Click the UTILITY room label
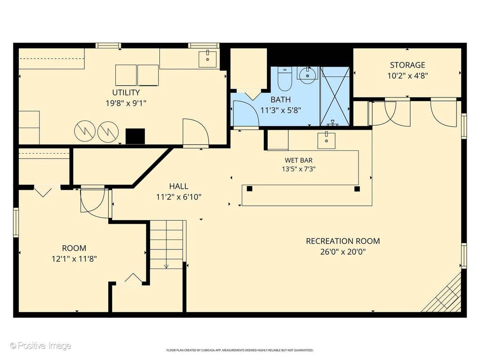point(126,92)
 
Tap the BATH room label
point(281,99)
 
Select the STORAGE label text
point(407,65)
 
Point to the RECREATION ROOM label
point(343,241)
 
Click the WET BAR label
point(299,160)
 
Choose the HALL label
point(179,186)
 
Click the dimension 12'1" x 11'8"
point(75,259)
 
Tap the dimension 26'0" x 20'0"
point(343,252)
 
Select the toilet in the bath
point(285,79)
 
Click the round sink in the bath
point(307,75)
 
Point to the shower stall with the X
point(335,96)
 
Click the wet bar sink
point(326,141)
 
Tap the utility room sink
point(208,59)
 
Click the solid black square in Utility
point(135,136)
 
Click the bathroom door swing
point(246,113)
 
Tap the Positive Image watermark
point(40,346)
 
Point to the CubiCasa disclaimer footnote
point(240,350)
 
